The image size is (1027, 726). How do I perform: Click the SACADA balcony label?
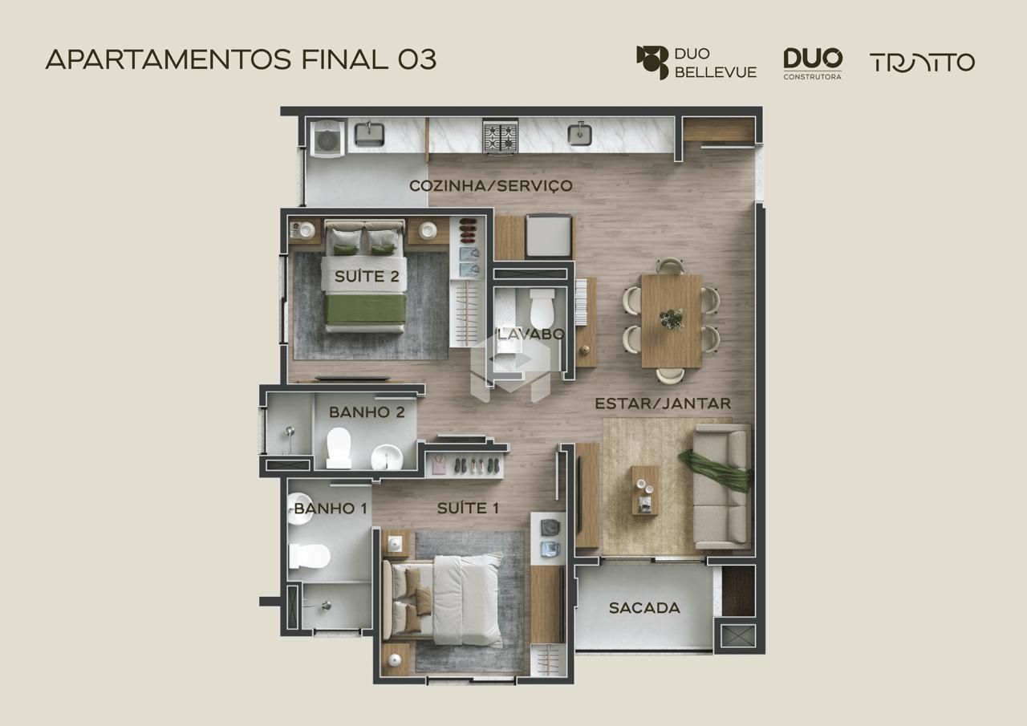coord(644,608)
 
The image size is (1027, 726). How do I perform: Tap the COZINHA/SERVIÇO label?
coord(490,185)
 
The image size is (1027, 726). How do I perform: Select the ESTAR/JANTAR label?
coord(663,404)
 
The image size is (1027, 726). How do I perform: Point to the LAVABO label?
coord(531,334)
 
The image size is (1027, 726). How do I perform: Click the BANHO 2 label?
coord(367,412)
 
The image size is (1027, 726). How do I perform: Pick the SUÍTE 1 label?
coord(468,508)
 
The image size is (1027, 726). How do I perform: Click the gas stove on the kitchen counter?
coord(500,136)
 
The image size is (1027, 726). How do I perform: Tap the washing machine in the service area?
coord(327,139)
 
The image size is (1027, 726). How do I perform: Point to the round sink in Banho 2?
coord(387,456)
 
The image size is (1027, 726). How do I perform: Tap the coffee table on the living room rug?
coord(645,490)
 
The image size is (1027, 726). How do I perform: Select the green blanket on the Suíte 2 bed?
coord(365,310)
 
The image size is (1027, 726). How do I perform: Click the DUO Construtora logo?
coord(813,63)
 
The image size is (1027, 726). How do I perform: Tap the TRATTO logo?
coord(922,63)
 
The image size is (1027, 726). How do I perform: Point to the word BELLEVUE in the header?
coord(716,72)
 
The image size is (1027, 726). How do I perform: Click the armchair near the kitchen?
coord(548,236)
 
